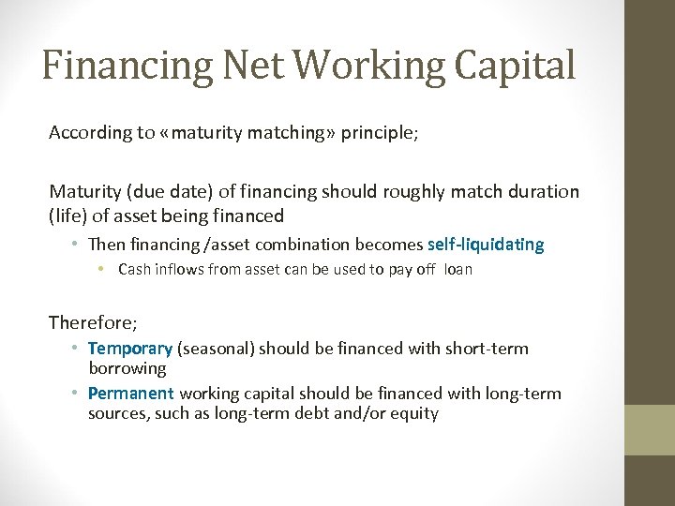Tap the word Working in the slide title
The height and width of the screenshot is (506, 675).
(352, 66)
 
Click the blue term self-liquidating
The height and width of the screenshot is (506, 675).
(485, 245)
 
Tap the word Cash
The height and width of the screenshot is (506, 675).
(135, 270)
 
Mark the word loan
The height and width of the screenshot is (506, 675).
(457, 270)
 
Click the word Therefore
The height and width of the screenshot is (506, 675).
(92, 322)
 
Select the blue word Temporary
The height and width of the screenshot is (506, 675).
(130, 349)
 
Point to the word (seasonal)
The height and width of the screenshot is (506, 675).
(215, 349)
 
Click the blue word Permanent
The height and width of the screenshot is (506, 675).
(131, 394)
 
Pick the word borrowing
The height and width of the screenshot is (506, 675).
(127, 368)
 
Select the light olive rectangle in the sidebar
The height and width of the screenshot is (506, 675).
(650, 430)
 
